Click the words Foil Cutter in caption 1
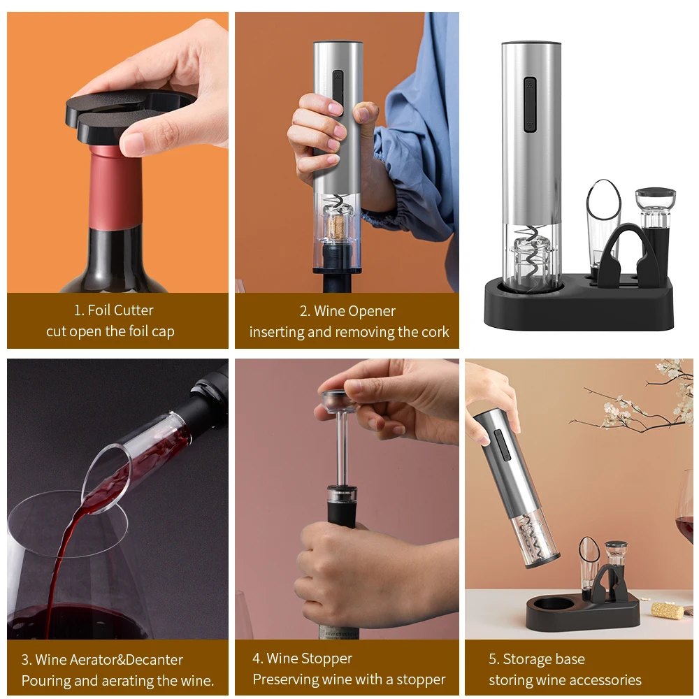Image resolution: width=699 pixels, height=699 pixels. [120, 310]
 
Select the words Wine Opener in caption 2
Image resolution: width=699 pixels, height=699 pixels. [354, 311]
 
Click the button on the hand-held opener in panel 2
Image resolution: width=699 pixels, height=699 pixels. [338, 92]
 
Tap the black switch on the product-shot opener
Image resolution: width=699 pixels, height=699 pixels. [530, 105]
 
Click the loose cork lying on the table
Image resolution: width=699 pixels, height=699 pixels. [667, 610]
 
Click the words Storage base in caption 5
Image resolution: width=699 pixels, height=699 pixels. [543, 659]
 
